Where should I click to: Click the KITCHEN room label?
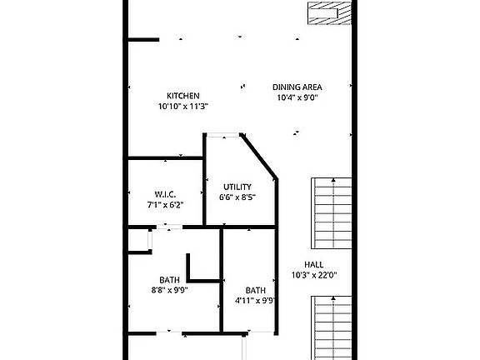pos(182,96)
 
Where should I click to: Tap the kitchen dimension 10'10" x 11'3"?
pos(182,107)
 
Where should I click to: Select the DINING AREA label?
pos(297,87)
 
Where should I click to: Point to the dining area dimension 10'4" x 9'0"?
pos(297,97)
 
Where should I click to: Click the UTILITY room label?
pos(237,187)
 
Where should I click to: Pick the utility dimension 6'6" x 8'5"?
pos(237,197)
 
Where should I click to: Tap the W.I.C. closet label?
pos(164,193)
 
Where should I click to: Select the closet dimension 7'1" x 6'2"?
pos(164,204)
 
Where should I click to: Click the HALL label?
pos(313,264)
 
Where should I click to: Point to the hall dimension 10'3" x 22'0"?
pos(313,275)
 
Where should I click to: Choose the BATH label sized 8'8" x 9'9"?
pos(169,280)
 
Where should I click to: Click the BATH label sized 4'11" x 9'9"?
pos(255,290)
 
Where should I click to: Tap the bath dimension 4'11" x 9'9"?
pos(255,301)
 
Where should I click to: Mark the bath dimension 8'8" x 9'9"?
pos(169,291)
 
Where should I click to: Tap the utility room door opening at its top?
pos(222,134)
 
